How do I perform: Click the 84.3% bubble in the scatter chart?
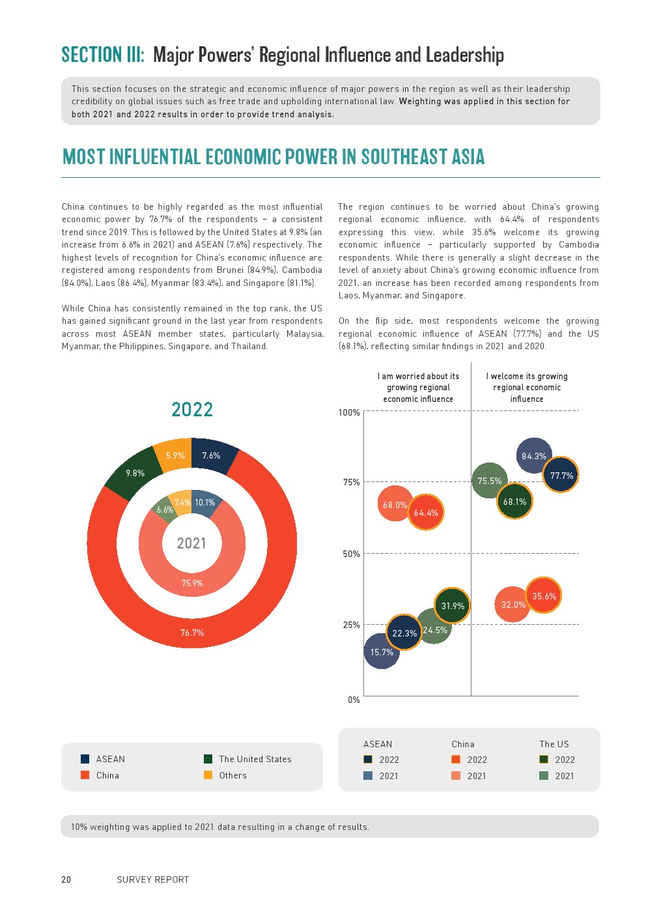[534, 456]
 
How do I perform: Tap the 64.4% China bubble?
[426, 513]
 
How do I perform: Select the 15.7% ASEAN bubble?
[382, 652]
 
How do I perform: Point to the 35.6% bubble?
[544, 595]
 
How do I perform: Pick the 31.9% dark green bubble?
[453, 606]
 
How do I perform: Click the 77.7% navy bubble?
[561, 476]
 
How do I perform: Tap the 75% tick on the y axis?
[352, 482]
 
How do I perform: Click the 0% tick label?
[354, 700]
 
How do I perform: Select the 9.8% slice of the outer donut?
[135, 473]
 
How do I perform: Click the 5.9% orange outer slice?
[175, 455]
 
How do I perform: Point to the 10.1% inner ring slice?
[204, 502]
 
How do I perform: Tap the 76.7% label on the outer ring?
[192, 633]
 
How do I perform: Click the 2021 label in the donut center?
[191, 543]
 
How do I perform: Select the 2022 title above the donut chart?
[192, 410]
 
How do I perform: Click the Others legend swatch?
[208, 775]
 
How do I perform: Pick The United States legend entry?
[255, 759]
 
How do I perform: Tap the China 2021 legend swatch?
[456, 776]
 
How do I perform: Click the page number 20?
[66, 879]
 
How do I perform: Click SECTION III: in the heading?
[103, 55]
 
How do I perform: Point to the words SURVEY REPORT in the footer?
[153, 879]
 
